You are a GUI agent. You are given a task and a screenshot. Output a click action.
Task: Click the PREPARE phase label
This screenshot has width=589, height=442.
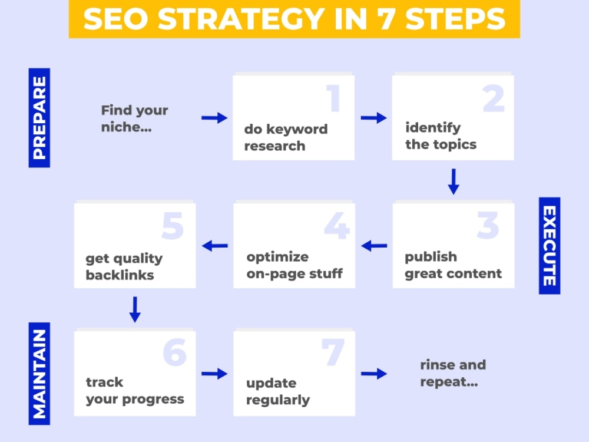(x=39, y=118)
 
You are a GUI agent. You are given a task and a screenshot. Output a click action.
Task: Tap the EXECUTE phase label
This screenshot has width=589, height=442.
(x=550, y=245)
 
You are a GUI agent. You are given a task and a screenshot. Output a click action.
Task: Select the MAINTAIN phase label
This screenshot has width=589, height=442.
(x=39, y=374)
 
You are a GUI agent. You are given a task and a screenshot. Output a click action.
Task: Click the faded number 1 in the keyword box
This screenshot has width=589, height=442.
(x=333, y=98)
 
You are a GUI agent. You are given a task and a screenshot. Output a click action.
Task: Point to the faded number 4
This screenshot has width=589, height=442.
(x=337, y=226)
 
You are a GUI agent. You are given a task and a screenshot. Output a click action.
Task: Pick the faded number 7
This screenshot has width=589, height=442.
(x=333, y=352)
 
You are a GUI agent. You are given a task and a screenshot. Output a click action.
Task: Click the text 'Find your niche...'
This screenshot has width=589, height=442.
(x=134, y=118)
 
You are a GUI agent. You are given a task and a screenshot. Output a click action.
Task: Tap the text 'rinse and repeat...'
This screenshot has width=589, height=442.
(x=453, y=373)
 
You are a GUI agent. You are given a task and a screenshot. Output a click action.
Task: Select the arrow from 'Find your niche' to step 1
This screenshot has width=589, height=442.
(x=214, y=118)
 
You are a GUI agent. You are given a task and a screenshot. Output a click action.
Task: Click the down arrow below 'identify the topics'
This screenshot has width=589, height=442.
(x=454, y=182)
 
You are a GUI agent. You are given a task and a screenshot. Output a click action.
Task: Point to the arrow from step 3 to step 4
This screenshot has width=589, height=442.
(x=374, y=246)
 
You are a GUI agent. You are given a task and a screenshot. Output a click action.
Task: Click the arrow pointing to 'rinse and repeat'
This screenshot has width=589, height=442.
(x=374, y=374)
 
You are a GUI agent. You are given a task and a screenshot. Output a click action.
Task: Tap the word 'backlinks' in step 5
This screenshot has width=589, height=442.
(x=120, y=275)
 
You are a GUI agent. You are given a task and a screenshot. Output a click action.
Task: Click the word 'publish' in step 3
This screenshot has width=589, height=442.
(x=431, y=258)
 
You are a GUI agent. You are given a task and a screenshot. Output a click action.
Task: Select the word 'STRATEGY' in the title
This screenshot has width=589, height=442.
(x=241, y=19)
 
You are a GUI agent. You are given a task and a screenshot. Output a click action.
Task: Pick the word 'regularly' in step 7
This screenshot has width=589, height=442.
(x=278, y=400)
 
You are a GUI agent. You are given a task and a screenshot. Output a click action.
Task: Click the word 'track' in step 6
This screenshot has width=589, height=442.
(x=104, y=382)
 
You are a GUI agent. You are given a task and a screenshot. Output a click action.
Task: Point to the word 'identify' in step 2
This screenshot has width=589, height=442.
(x=433, y=128)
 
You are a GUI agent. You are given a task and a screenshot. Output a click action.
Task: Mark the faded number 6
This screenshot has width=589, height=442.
(x=175, y=352)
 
